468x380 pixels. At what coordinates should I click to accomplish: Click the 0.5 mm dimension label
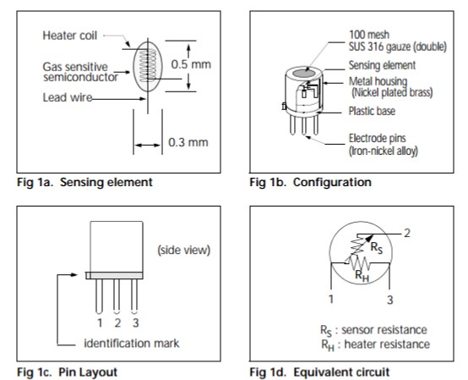coord(191,64)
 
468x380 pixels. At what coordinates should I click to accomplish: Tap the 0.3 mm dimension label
coord(188,142)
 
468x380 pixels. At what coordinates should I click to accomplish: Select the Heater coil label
coord(70,36)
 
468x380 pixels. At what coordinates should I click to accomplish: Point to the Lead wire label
coord(68,97)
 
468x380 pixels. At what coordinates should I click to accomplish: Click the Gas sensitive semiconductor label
coord(80,72)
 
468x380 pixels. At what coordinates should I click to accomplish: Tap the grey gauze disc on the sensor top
coord(304,74)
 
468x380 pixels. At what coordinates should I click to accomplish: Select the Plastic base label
coord(372,111)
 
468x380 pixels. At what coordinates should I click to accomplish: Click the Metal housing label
coord(378,81)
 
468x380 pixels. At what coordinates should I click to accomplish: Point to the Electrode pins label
coord(378,138)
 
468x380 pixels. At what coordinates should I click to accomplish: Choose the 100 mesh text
coord(369,35)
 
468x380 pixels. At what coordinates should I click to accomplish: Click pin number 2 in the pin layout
coord(117,323)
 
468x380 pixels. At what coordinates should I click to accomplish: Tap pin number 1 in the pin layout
coord(100,323)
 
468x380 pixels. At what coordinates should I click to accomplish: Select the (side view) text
coord(184,250)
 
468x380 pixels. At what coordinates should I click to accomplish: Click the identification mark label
coord(132,344)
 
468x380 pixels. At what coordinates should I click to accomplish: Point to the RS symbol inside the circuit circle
coord(377,248)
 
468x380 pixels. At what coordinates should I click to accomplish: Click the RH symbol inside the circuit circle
coord(362,276)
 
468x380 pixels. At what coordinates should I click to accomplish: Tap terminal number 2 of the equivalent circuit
coord(407,234)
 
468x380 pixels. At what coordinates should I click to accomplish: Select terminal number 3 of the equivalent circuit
coord(389,300)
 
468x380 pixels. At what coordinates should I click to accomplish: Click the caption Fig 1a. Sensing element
coord(84,182)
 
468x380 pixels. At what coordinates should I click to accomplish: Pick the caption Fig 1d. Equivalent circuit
coord(319,372)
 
